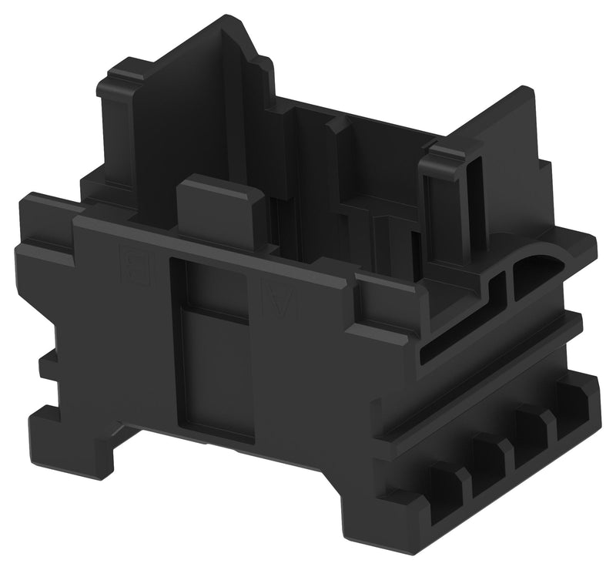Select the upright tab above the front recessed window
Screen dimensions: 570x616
pos(220,210)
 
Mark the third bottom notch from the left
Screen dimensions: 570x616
pos(531,432)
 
